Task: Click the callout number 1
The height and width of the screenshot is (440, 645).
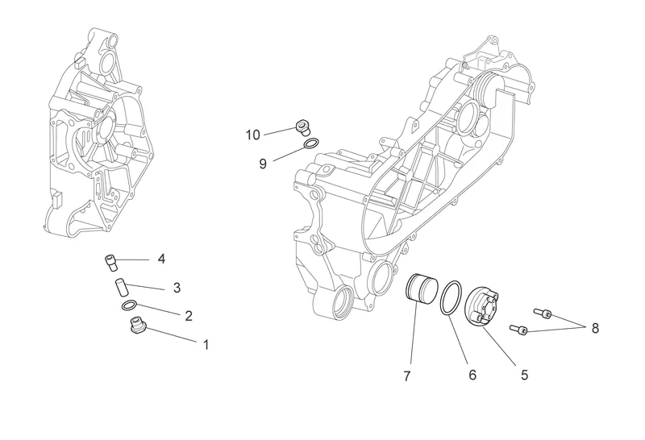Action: pos(206,344)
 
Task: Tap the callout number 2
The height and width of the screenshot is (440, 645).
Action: pos(189,316)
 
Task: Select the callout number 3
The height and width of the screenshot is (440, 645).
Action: pos(177,288)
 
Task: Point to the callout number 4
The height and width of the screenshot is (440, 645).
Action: pos(162,259)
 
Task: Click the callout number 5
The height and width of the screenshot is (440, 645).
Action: pos(524,375)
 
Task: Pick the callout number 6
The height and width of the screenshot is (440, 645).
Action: pos(472,375)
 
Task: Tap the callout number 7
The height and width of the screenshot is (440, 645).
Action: pos(407,376)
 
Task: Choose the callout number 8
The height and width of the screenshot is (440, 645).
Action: pos(595,328)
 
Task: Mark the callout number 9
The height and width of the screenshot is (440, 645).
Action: pos(263,164)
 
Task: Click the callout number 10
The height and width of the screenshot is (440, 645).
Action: pos(253,135)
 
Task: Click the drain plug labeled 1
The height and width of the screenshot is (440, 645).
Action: pos(137,326)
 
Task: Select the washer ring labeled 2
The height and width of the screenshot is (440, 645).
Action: pos(130,306)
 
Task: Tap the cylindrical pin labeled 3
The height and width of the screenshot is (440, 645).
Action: pos(121,286)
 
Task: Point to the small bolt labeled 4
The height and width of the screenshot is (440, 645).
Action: pos(110,263)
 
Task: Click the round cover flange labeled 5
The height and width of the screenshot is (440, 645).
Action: pos(482,309)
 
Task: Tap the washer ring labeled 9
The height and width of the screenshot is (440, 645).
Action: pos(311,143)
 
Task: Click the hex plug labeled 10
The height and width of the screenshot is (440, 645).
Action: pos(303,127)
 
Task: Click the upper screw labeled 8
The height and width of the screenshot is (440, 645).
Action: pos(543,313)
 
